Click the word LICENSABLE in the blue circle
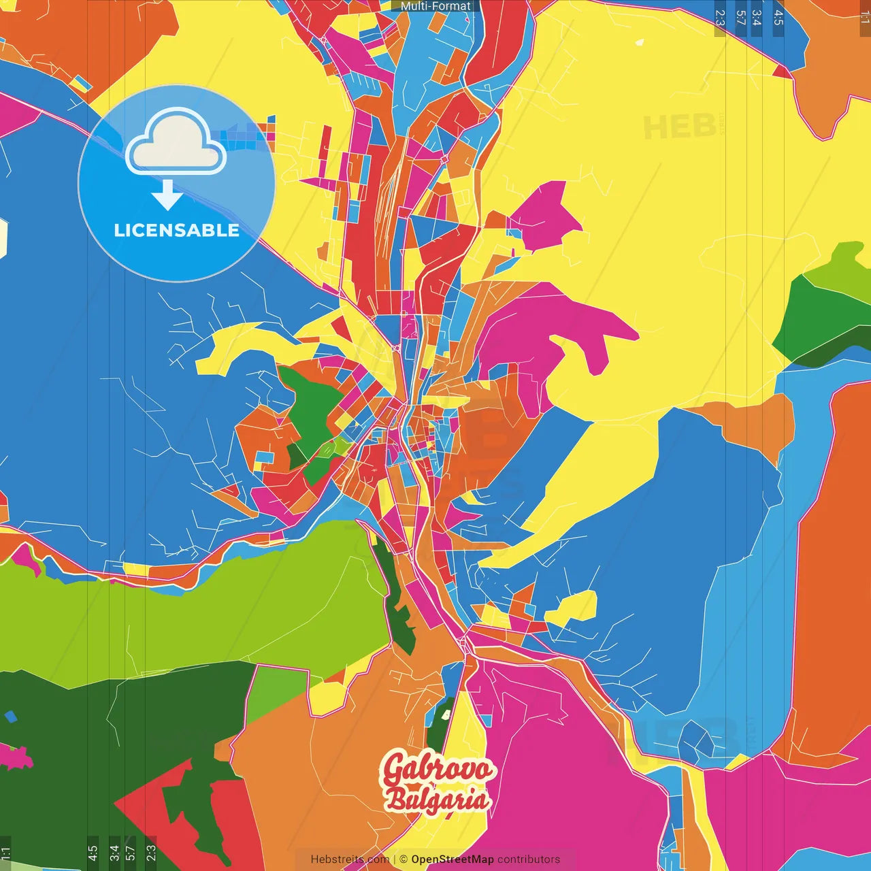click(176, 231)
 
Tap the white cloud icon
click(176, 143)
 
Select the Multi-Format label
click(435, 6)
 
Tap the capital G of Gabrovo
click(394, 769)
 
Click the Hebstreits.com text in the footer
click(350, 859)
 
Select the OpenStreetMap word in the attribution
click(453, 859)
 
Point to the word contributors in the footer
click(529, 859)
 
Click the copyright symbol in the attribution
click(404, 859)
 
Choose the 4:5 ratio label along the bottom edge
click(93, 853)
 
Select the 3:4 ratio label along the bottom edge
click(114, 853)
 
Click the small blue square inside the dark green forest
click(10, 717)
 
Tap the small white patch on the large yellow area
click(639, 43)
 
